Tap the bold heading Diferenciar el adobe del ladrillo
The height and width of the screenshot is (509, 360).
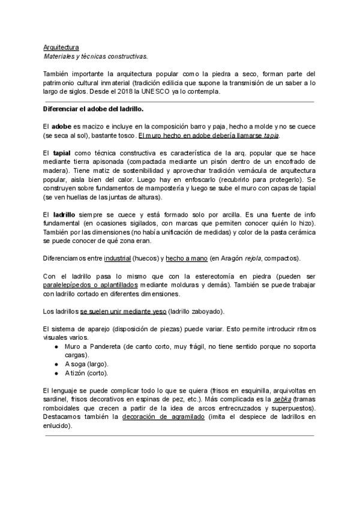(x=93, y=110)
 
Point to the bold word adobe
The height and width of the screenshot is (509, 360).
(x=61, y=127)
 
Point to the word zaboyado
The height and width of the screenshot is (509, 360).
(x=204, y=312)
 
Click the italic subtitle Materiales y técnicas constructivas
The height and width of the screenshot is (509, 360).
(x=95, y=56)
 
